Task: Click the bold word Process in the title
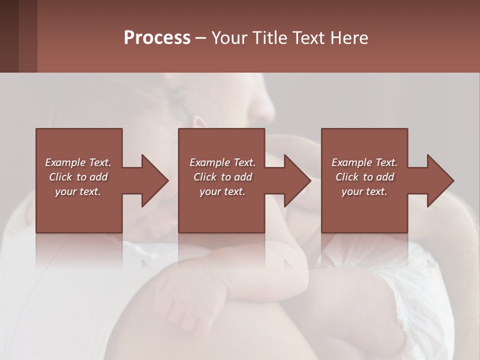point(157,38)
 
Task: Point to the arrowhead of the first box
point(155,180)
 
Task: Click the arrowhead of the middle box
point(298,180)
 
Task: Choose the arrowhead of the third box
point(441,180)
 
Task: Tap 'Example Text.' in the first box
point(78,162)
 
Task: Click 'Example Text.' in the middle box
point(222,162)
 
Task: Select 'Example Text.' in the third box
point(364,162)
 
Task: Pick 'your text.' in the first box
point(78,191)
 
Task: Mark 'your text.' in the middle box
point(222,191)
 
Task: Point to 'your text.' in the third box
point(364,191)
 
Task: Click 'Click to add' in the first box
point(78,177)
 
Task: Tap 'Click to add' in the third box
point(364,177)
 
